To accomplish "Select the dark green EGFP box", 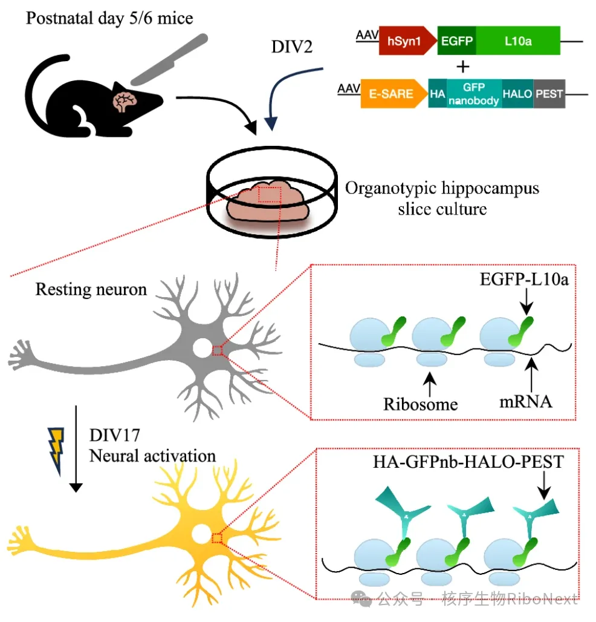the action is [x=457, y=41].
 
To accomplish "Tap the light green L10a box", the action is [x=519, y=41].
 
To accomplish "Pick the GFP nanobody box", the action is [x=474, y=94].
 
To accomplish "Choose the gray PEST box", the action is [x=549, y=94].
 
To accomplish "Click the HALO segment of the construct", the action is [x=517, y=94].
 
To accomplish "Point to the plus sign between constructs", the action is [x=463, y=67].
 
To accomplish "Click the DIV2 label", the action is [x=292, y=47].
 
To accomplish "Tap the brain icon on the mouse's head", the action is [x=125, y=102].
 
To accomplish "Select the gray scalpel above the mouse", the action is [x=169, y=59].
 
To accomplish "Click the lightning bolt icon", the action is [x=56, y=451].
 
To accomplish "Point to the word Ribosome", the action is [x=421, y=404].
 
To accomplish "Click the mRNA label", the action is [x=525, y=401].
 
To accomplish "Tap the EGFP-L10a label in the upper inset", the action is [x=524, y=280].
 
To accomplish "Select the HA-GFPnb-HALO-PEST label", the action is [x=468, y=462].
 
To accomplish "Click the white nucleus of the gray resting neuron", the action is [x=202, y=348].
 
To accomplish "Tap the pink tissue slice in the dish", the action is [x=268, y=202].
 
